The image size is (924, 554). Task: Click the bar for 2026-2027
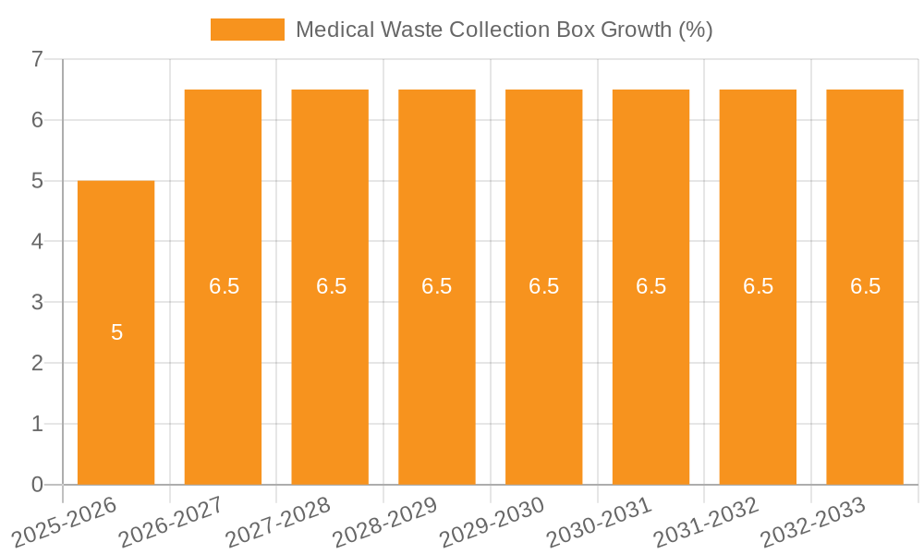pyautogui.click(x=223, y=369)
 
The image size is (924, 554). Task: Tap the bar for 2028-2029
pyautogui.click(x=437, y=369)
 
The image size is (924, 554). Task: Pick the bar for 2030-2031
pyautogui.click(x=650, y=369)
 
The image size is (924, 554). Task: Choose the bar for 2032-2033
pyautogui.click(x=865, y=369)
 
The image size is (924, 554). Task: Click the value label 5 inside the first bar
pyautogui.click(x=116, y=333)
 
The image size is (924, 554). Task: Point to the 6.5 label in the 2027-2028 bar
pyautogui.click(x=331, y=286)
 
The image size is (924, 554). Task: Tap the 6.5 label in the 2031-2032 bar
pyautogui.click(x=758, y=286)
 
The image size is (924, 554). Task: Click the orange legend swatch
pyautogui.click(x=248, y=30)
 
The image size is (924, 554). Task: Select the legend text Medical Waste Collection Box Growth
pyautogui.click(x=504, y=30)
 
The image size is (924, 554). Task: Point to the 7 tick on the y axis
pyautogui.click(x=37, y=59)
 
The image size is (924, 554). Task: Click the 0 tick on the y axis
pyautogui.click(x=37, y=485)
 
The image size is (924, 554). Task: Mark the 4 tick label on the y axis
pyautogui.click(x=37, y=242)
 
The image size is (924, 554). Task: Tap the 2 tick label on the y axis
pyautogui.click(x=37, y=363)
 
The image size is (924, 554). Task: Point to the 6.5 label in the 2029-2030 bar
pyautogui.click(x=544, y=286)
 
